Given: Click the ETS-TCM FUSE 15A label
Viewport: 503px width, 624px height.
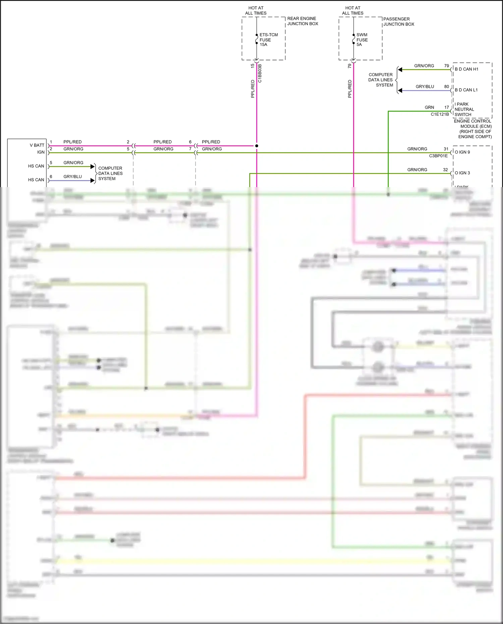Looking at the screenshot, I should click(268, 40).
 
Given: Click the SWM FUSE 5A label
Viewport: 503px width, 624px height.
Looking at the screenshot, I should click(362, 40).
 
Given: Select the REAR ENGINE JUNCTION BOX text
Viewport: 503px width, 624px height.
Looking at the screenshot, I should click(302, 21).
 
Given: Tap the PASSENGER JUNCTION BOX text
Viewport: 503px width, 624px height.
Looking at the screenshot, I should click(399, 21).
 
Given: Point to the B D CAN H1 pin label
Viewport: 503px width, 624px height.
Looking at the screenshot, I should click(466, 69).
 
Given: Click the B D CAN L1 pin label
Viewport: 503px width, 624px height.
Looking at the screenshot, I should click(466, 90).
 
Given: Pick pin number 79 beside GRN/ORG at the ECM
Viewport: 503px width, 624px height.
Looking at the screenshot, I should click(446, 66).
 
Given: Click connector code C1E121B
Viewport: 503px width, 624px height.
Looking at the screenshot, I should click(440, 114).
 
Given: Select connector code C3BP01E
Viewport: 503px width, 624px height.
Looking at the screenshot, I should click(438, 156).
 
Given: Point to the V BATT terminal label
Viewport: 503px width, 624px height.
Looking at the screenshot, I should click(37, 145).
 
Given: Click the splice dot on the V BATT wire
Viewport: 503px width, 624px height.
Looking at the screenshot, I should click(257, 146).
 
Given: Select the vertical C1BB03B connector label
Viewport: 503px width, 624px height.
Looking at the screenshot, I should click(260, 73).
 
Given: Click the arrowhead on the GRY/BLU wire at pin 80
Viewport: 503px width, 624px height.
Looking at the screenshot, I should click(400, 91).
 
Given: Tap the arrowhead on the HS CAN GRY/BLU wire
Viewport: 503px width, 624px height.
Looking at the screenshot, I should click(93, 180).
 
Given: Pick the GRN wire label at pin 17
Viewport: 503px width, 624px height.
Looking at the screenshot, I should click(429, 107).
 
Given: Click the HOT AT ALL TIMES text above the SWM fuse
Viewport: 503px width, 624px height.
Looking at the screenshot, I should click(353, 10).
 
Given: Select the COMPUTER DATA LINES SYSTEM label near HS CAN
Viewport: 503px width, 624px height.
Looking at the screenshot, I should click(110, 173).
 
